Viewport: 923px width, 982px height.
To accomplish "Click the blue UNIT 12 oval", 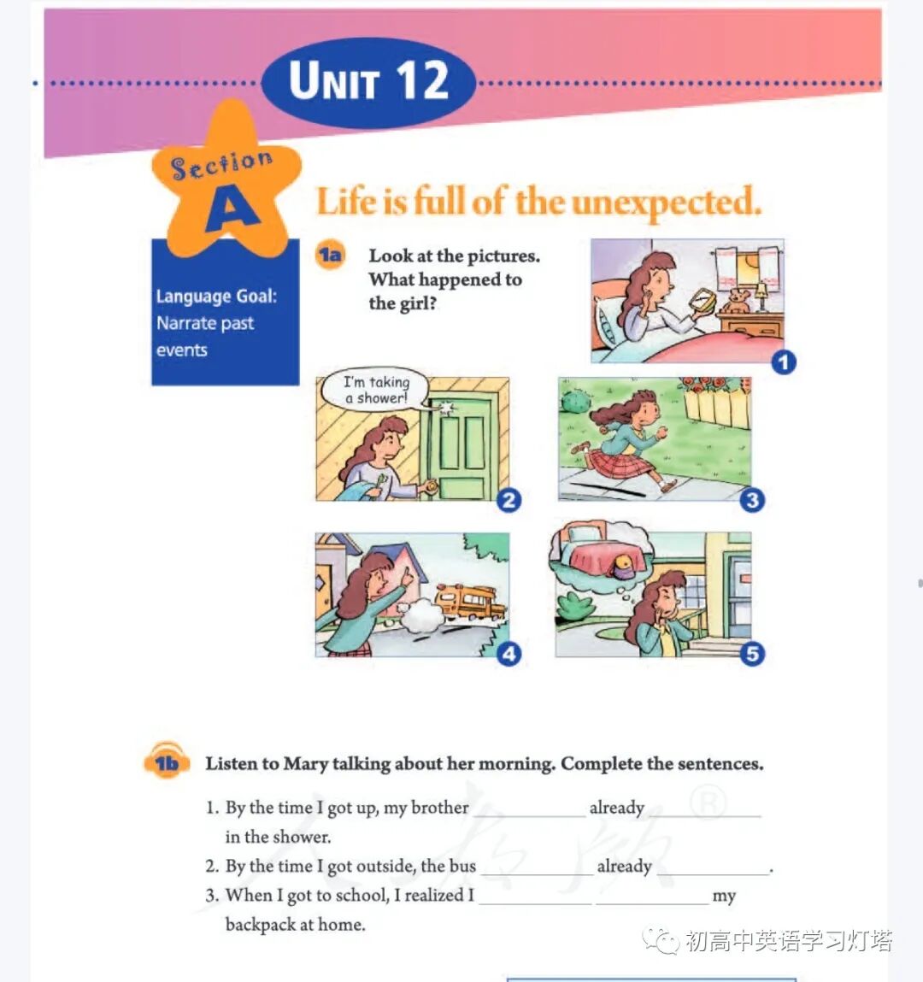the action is [368, 83].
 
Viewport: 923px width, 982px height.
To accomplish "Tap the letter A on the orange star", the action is [232, 209].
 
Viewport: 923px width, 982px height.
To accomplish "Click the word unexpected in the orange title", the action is [667, 203].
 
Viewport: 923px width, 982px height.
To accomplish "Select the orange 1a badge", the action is [330, 255].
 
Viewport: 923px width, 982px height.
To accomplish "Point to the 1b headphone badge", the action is [166, 761].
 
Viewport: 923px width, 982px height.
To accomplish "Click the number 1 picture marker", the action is [784, 362].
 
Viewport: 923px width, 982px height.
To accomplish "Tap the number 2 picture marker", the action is [509, 500].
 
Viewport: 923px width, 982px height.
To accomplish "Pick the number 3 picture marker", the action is [752, 500].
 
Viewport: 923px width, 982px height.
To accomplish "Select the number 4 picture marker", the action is [509, 654].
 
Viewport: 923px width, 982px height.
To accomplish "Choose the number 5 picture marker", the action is [752, 654].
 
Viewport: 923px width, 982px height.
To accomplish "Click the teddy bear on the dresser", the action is [737, 302].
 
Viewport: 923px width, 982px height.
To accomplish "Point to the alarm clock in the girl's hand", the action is [703, 303].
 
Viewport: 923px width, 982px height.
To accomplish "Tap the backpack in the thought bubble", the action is [625, 567].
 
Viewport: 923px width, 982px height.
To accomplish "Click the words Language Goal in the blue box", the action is [216, 297].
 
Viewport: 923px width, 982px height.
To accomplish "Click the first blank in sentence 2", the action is [537, 871].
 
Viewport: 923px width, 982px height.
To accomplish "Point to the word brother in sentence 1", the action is [439, 808].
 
